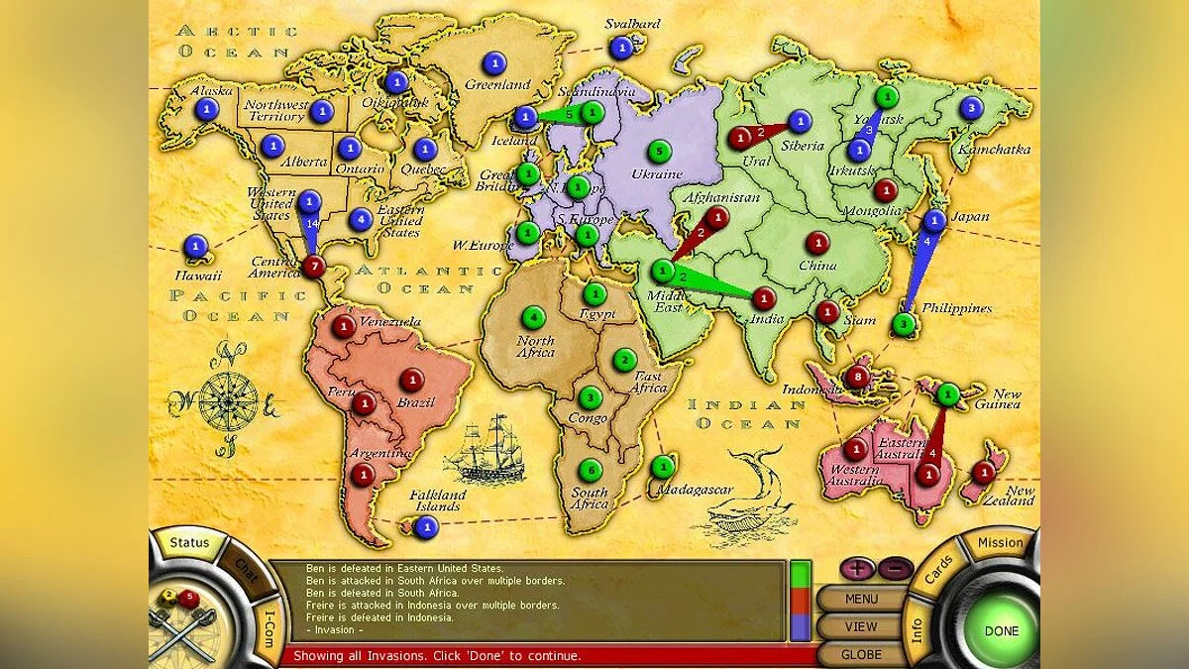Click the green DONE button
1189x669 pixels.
click(x=1002, y=630)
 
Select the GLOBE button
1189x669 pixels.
click(x=861, y=654)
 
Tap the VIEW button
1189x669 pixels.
click(x=861, y=626)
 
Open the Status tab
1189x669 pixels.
click(x=189, y=543)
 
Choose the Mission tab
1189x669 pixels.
click(x=1000, y=543)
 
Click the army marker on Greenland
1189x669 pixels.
click(x=491, y=61)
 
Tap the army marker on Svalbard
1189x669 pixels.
click(x=621, y=47)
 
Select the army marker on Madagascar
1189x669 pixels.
click(x=663, y=466)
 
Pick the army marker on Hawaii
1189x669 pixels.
click(x=195, y=246)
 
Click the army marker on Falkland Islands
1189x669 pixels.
click(x=426, y=527)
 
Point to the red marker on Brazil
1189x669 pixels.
click(x=412, y=379)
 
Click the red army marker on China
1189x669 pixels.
click(x=817, y=242)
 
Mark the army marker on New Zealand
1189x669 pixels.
click(x=984, y=472)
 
